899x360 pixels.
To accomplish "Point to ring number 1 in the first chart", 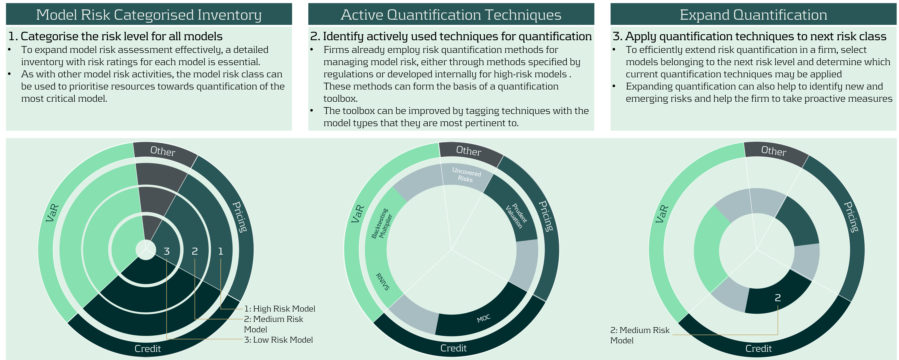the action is [221, 251].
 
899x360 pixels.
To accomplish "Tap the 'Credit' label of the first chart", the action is [148, 348].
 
